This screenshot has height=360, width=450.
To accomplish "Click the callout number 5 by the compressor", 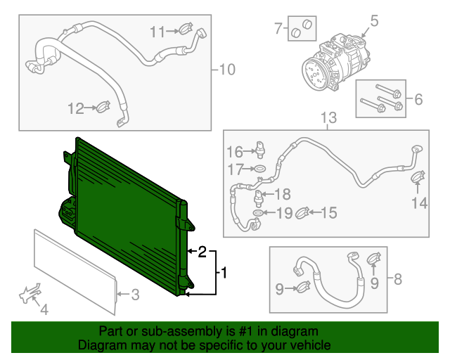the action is tap(374, 21).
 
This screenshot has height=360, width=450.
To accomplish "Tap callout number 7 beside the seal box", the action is tap(278, 28).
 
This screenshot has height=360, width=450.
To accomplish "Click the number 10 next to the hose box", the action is tap(227, 70).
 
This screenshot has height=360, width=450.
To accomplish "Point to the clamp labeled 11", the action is tap(186, 28).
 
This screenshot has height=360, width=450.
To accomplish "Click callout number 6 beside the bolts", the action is tap(418, 99).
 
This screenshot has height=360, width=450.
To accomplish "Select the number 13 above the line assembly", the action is tap(328, 117).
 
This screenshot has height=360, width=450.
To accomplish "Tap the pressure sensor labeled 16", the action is tap(260, 150).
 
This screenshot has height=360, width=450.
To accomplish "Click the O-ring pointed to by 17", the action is tap(259, 169).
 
